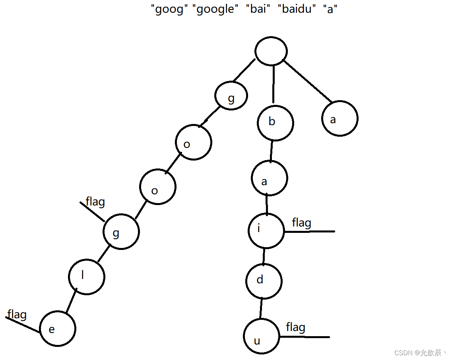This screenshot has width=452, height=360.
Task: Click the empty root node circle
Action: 271,51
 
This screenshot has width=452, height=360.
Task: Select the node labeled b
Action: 275,122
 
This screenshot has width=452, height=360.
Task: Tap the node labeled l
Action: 87,277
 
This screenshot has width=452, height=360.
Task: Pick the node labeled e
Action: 58,329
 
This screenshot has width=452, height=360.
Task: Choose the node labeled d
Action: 264,281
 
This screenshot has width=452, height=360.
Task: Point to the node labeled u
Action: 262,336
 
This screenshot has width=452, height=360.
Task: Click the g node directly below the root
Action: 231,96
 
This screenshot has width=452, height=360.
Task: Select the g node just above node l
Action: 121,232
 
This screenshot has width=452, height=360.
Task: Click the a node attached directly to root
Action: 340,118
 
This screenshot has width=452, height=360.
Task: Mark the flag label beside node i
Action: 301,223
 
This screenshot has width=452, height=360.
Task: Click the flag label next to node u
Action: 296,327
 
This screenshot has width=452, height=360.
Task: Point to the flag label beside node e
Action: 17,315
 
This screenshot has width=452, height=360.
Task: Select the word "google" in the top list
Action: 216,9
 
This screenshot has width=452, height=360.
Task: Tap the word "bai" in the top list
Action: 258,9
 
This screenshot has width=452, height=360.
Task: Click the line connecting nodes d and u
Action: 261,308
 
